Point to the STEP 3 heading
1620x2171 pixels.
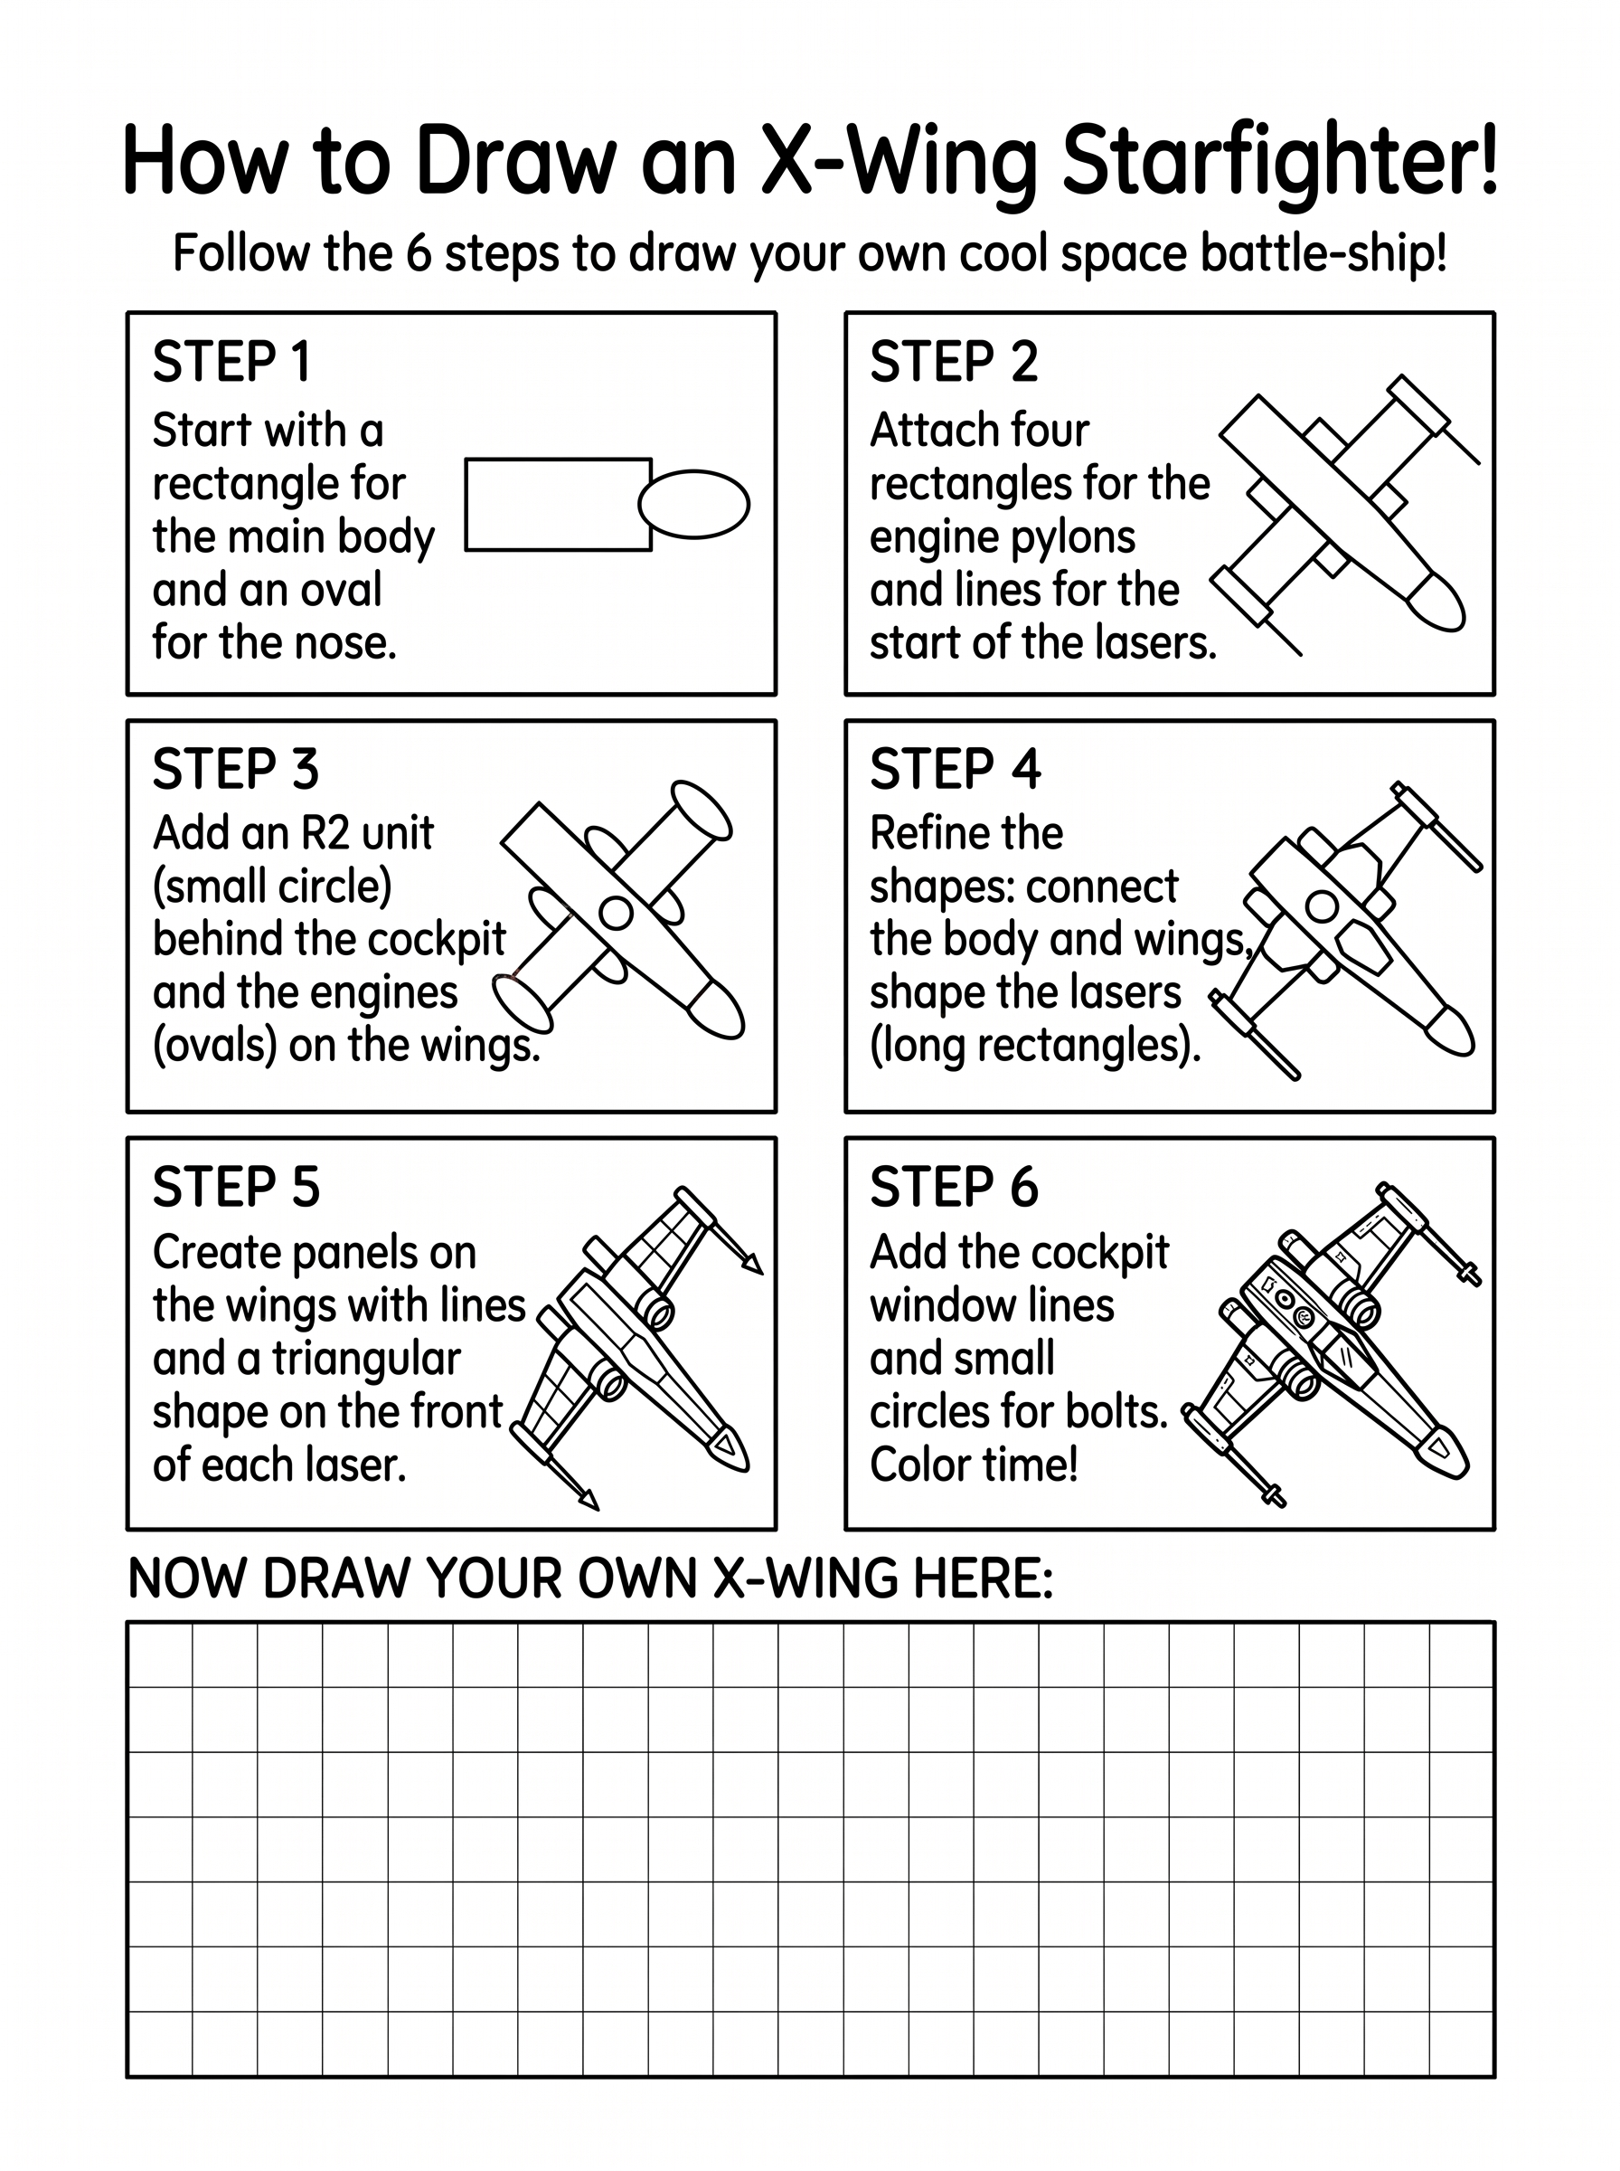click(235, 769)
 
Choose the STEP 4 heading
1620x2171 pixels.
click(956, 769)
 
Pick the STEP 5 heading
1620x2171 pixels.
click(236, 1187)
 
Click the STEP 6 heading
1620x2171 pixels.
click(954, 1187)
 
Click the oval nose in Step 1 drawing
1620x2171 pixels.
click(694, 504)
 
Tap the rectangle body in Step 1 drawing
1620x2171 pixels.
click(558, 504)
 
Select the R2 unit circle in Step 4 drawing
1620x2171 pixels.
click(1323, 906)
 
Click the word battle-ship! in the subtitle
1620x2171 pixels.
click(1323, 255)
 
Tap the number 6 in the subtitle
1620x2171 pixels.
click(419, 253)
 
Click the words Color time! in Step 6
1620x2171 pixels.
click(974, 1465)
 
